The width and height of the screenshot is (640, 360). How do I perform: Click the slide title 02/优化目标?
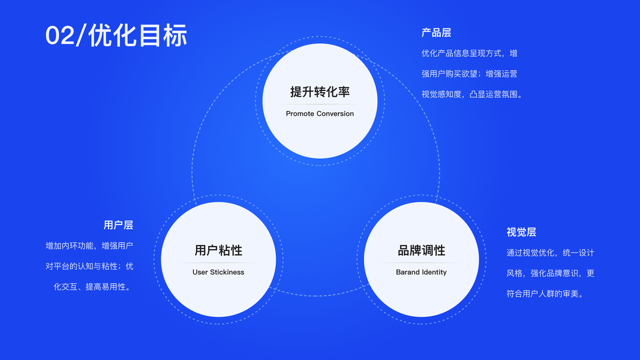coord(116,35)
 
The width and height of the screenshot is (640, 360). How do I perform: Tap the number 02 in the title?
coord(59,36)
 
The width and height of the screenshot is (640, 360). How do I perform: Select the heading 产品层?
coord(436,32)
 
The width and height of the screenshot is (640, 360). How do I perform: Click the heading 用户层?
coord(118,225)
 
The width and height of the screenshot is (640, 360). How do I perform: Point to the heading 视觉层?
coord(521,232)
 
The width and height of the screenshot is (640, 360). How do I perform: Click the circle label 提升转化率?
coord(320,92)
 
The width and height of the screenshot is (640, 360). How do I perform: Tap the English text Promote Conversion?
coord(320,113)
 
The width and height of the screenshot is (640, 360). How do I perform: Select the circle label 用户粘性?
coord(218,250)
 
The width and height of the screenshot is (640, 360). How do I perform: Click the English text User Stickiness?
coord(218,272)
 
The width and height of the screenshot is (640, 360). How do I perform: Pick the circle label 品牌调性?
coord(421,250)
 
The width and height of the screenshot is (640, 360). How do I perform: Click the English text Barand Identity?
coord(421,272)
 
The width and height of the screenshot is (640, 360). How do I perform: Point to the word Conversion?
coord(335,113)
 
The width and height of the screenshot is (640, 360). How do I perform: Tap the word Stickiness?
coord(227,272)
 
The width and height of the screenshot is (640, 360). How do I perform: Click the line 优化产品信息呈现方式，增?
coord(469,53)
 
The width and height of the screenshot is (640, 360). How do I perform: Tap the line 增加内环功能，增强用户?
coord(89,246)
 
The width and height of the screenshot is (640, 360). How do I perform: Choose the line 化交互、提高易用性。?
coord(93,287)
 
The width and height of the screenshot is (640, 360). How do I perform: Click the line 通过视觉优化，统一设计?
coord(550,253)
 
